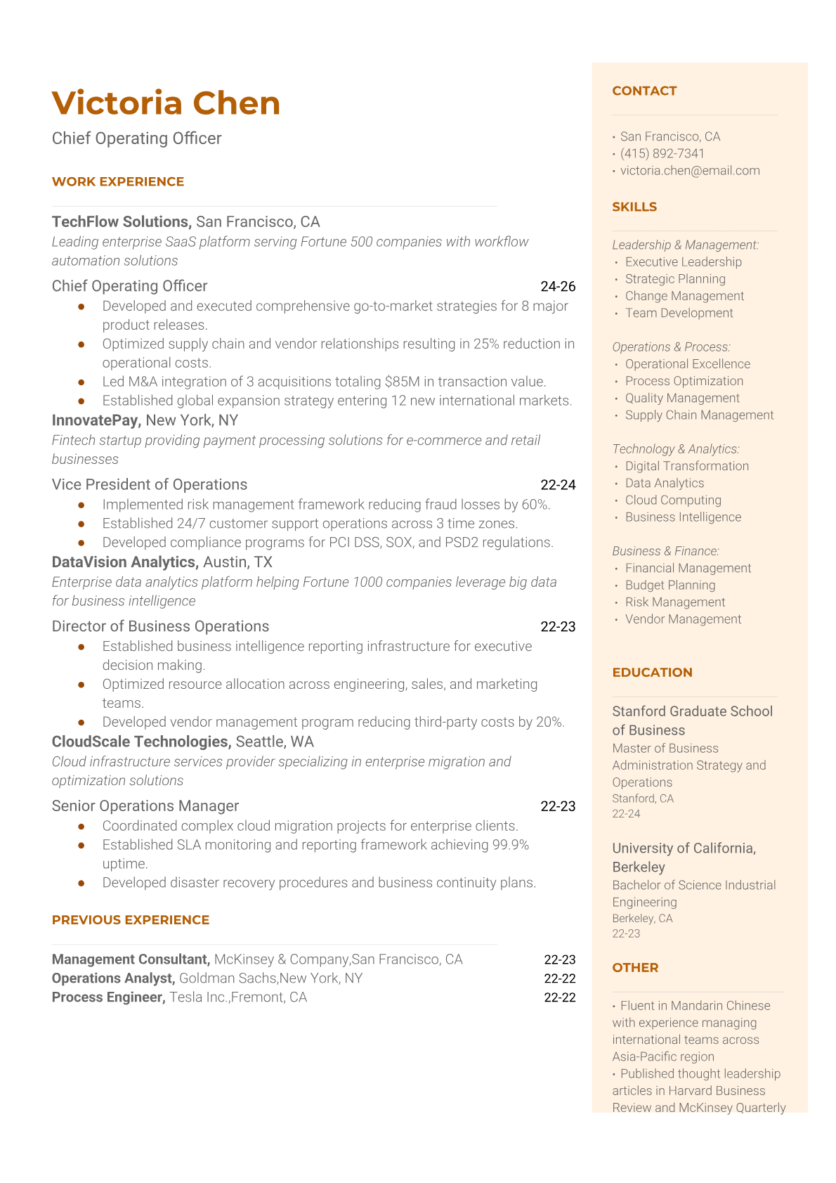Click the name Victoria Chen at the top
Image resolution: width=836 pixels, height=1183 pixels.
166,103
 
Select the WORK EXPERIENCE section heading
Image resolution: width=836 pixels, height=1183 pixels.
118,181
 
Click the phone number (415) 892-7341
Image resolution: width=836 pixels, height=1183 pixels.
662,153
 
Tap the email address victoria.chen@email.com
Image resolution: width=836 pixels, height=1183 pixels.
690,170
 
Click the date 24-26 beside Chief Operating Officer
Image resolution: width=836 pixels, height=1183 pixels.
558,286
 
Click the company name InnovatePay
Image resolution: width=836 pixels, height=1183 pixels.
96,420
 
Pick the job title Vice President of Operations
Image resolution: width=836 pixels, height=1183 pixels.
150,484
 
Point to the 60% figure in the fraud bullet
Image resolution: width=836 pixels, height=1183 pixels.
535,505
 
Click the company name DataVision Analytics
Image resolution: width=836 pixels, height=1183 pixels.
124,562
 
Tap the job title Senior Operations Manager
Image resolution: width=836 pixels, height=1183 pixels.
145,806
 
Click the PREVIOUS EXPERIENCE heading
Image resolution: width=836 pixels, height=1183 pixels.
131,920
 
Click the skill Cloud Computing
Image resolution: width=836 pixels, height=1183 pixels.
673,500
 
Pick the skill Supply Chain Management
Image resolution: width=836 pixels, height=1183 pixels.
699,415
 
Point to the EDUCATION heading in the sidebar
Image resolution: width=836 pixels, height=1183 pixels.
652,672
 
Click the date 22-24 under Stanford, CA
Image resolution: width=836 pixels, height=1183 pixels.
626,814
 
